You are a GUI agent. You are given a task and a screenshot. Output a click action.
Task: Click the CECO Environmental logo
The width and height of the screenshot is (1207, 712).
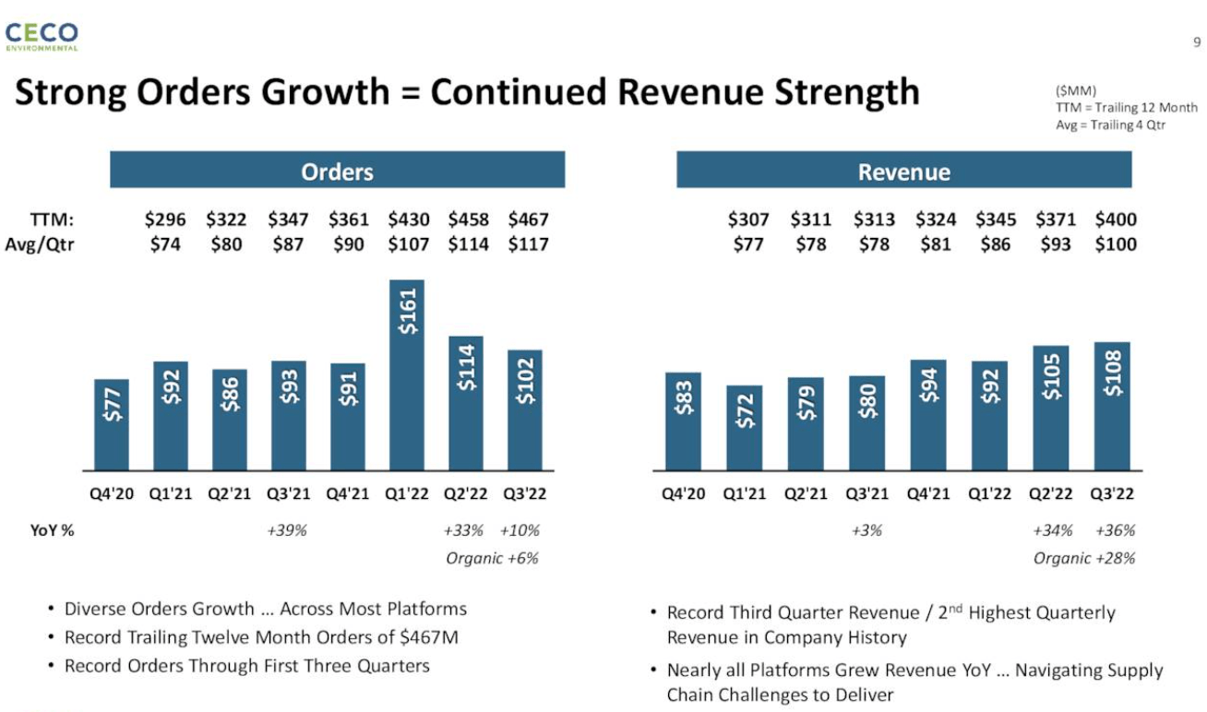42,36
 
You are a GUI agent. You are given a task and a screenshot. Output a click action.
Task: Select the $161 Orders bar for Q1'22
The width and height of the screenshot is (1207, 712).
407,374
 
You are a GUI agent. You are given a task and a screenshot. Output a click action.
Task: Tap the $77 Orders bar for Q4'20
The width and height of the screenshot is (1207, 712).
112,424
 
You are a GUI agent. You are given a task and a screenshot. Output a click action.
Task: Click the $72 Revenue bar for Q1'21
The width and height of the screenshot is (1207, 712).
745,427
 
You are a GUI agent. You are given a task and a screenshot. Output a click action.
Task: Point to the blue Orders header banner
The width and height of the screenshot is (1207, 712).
337,172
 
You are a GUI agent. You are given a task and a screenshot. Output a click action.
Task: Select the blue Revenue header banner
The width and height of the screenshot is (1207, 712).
903,172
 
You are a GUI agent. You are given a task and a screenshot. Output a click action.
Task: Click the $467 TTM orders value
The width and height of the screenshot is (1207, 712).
528,220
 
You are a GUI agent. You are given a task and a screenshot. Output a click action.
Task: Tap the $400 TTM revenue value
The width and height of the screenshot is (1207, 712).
1115,220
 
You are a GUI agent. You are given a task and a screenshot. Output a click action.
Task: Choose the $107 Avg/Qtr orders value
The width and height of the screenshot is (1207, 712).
407,244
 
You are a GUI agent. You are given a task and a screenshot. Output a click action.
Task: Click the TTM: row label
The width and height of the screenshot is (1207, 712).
52,220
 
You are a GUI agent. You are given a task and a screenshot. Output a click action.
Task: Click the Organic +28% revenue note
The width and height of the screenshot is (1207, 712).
1084,558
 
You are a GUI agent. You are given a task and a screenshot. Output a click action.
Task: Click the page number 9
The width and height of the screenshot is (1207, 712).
1196,42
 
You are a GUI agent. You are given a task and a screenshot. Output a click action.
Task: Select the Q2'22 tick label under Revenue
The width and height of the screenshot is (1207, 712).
1051,493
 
